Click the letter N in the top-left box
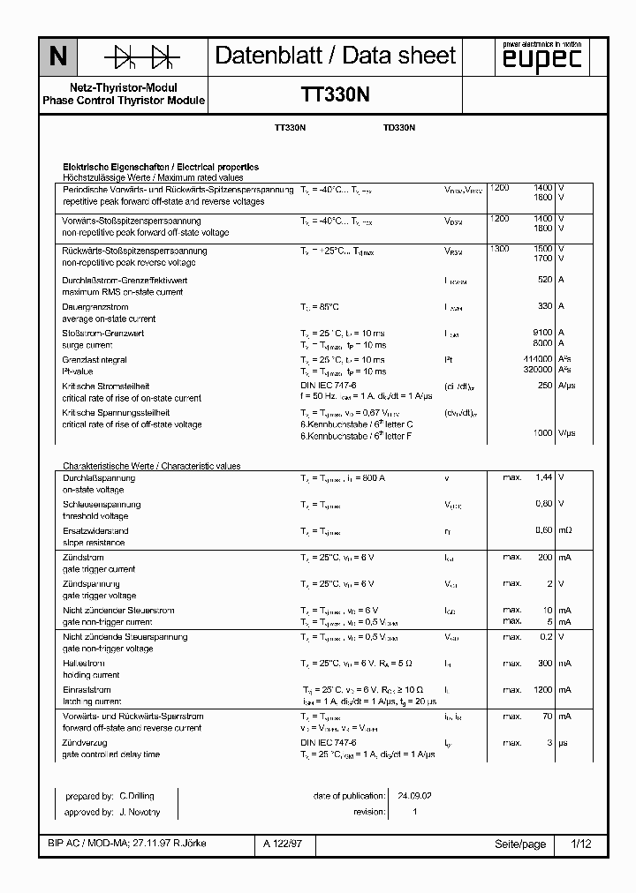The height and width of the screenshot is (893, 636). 57,57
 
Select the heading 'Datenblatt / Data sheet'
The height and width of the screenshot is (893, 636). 336,56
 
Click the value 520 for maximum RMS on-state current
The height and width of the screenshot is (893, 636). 544,280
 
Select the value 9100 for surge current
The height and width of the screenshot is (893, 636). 541,333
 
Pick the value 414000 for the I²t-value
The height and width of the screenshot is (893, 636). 537,359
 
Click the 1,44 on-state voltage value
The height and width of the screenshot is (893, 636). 543,477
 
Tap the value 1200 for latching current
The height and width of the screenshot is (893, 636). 541,689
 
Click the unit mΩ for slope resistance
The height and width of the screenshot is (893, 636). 564,530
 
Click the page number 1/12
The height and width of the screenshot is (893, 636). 580,844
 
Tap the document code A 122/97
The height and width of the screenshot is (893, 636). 282,844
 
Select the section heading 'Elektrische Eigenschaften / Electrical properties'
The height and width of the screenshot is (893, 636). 160,167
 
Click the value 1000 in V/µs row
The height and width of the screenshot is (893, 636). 541,433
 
